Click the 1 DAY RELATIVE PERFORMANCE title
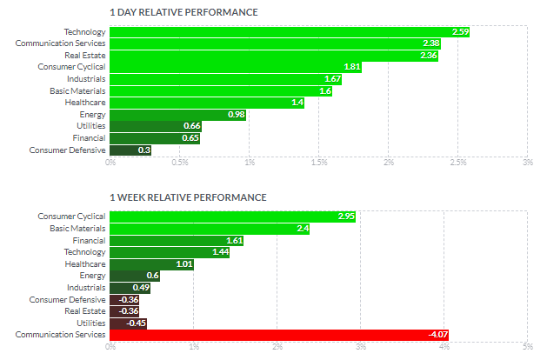(x=183, y=12)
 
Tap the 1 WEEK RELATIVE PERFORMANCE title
(x=188, y=197)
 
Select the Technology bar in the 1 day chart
(x=290, y=32)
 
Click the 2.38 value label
(x=431, y=43)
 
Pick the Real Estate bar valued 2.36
(x=274, y=56)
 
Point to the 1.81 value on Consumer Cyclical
(x=352, y=67)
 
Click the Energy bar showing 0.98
(x=178, y=115)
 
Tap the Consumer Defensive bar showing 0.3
(x=130, y=150)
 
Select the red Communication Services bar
(x=279, y=335)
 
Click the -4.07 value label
(x=438, y=335)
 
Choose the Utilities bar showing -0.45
(x=129, y=323)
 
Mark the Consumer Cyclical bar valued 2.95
(x=233, y=217)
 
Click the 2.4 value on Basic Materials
(x=303, y=229)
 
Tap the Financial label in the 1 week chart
(x=89, y=241)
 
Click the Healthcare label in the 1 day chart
(x=85, y=103)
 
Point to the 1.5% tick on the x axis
(x=319, y=163)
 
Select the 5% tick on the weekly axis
(x=528, y=347)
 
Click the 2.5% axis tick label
(x=458, y=163)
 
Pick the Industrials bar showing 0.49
(x=130, y=288)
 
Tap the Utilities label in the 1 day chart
(x=91, y=126)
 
